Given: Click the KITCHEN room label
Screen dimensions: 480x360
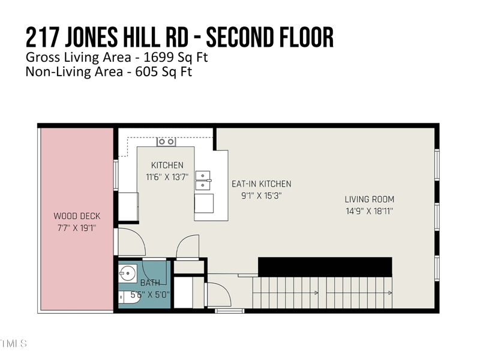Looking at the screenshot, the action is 167,166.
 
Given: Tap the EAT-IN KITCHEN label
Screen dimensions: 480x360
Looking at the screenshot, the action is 262,184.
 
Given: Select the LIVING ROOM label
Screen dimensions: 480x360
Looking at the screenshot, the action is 370,200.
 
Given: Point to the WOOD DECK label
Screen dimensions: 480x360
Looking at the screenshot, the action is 77,216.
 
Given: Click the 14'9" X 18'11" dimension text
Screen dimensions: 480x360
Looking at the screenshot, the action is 370,211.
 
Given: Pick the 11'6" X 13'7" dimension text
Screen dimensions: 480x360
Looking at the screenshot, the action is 167,177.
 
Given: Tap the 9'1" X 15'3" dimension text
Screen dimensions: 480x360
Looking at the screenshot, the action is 262,196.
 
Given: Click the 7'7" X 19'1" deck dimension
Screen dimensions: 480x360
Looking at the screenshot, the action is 77,228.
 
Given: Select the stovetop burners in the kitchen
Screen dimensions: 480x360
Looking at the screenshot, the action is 166,142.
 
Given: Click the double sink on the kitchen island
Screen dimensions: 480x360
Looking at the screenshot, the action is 203,181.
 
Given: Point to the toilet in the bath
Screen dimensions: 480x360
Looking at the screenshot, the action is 128,297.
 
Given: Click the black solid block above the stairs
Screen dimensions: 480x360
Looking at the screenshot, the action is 325,267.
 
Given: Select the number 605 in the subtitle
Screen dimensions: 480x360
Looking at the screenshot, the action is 146,71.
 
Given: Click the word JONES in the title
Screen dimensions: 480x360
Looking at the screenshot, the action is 91,37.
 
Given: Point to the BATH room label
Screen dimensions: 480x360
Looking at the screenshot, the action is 150,283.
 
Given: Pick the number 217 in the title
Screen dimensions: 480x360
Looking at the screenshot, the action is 43,37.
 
